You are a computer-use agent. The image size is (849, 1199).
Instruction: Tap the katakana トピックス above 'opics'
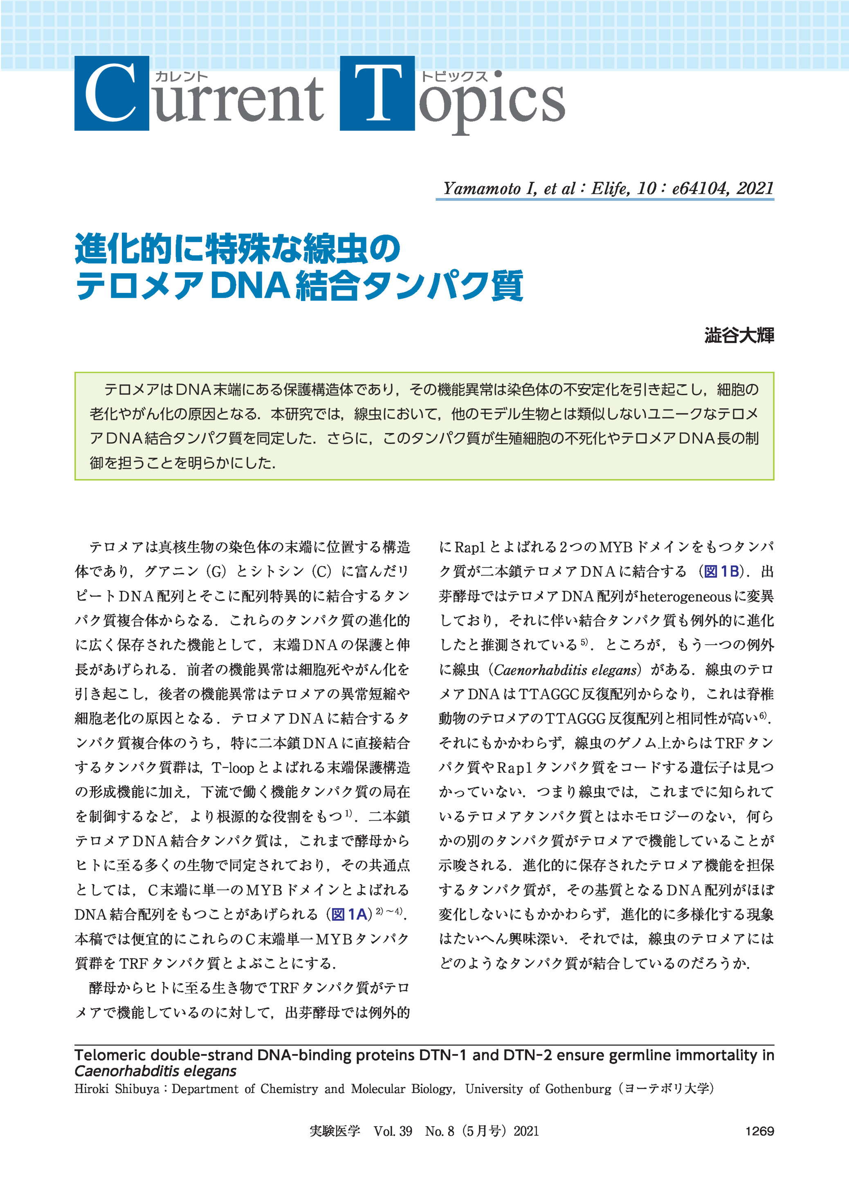coord(454,77)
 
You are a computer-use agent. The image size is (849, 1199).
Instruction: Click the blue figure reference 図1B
coord(721,571)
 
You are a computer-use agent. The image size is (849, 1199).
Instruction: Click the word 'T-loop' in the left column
coord(233,767)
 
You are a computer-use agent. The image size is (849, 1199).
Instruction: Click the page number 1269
coord(759,1131)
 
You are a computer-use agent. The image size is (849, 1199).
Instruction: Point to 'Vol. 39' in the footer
coord(393,1131)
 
